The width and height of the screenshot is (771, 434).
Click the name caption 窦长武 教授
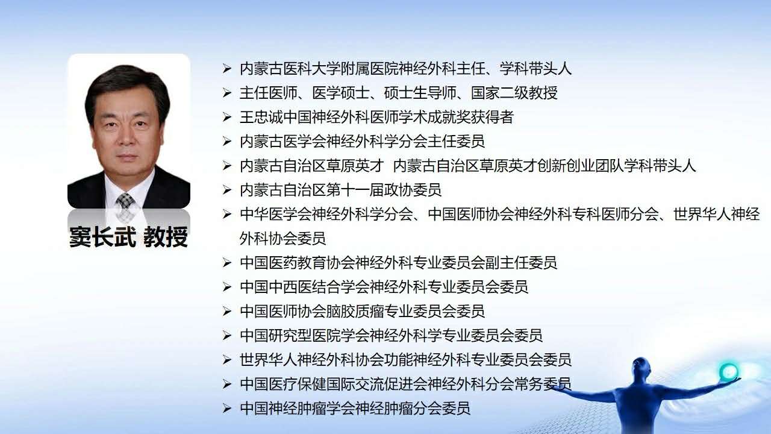(x=129, y=237)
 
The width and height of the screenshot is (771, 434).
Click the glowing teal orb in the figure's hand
(x=728, y=372)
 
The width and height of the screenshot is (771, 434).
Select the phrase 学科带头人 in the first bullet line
(x=535, y=69)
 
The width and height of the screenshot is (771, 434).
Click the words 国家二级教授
(x=514, y=93)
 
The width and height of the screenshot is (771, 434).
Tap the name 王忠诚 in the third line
(x=261, y=117)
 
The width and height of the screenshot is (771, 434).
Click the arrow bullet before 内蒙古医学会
(x=227, y=141)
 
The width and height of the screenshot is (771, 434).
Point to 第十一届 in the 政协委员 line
(x=355, y=190)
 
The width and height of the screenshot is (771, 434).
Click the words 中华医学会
(x=276, y=214)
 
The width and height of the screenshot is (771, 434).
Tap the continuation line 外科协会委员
(x=282, y=238)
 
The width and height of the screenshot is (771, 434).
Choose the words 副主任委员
(x=521, y=262)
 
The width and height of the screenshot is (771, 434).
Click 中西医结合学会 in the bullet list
(x=319, y=287)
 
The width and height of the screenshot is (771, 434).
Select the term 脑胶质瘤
(x=355, y=311)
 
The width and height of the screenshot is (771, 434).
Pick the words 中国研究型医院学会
(x=304, y=336)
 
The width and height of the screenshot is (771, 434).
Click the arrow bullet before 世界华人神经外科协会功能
(x=227, y=360)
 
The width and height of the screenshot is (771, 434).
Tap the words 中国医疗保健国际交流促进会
(x=333, y=384)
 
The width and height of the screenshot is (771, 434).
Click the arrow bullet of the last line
(x=227, y=408)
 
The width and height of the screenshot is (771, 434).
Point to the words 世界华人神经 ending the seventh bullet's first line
(x=716, y=214)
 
